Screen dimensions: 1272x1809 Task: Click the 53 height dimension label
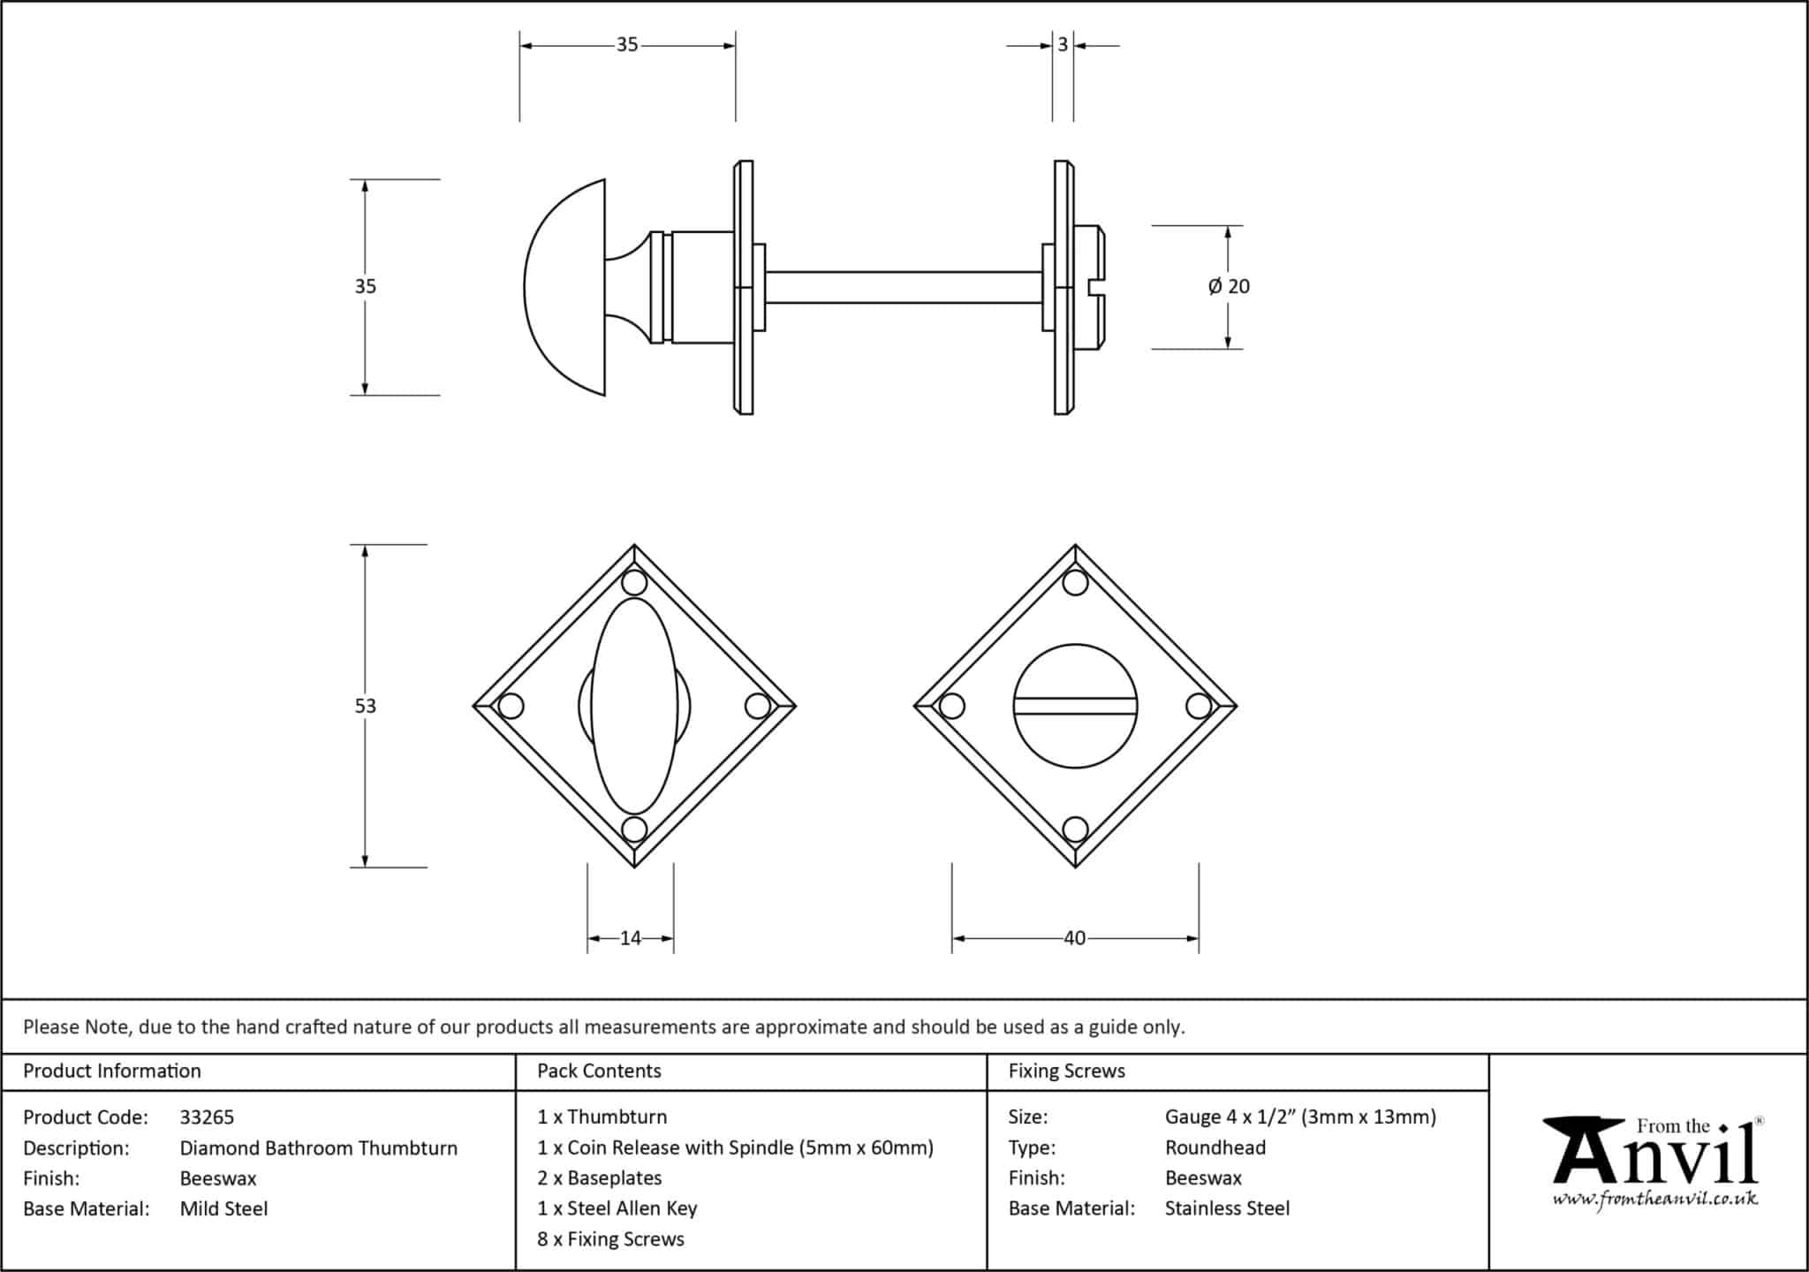coord(365,706)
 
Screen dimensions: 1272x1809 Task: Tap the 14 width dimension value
coord(630,938)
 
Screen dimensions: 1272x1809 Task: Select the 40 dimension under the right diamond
coord(1074,938)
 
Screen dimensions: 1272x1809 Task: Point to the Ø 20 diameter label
coord(1229,286)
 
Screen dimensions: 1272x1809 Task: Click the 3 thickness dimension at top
coord(1063,44)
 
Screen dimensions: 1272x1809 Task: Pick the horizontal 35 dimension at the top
coord(626,44)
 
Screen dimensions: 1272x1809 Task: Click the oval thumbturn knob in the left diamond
coord(633,706)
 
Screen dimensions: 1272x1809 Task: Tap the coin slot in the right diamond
coord(1075,706)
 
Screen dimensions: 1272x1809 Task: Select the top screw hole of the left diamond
coord(634,583)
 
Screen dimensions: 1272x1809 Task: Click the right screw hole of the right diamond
coord(1198,706)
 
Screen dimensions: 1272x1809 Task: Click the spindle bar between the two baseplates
coord(903,287)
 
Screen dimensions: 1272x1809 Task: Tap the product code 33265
coord(207,1117)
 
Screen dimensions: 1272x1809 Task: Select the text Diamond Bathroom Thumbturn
coord(318,1148)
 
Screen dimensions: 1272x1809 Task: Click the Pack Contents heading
coord(599,1071)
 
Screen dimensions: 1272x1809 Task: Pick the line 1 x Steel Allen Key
coord(617,1208)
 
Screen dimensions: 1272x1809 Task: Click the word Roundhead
coord(1215,1147)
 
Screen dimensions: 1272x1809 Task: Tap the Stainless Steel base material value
coord(1227,1208)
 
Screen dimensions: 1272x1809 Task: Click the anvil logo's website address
coord(1654,1199)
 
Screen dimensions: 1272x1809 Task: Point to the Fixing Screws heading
coord(1066,1071)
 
